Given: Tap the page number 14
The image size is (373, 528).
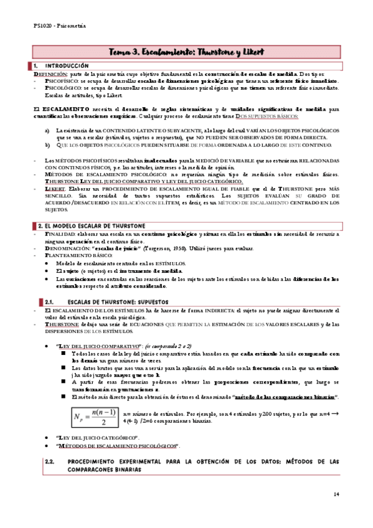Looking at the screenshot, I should coord(336,494).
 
